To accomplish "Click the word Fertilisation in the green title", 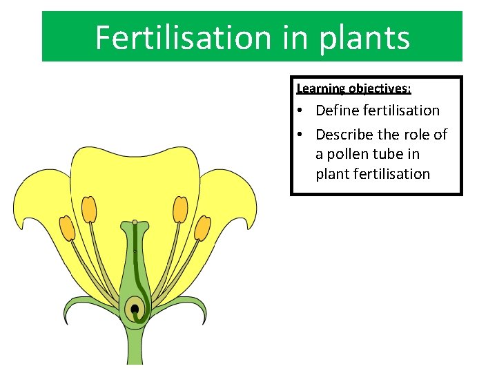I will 182,37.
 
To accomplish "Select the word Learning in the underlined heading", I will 320,88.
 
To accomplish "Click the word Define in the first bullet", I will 337,111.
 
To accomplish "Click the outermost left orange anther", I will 67,227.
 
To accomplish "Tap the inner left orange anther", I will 89,209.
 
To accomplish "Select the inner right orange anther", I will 180,209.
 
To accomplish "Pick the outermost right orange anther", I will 202,227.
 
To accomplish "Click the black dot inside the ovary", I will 135,309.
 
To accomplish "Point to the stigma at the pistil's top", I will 135,224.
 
